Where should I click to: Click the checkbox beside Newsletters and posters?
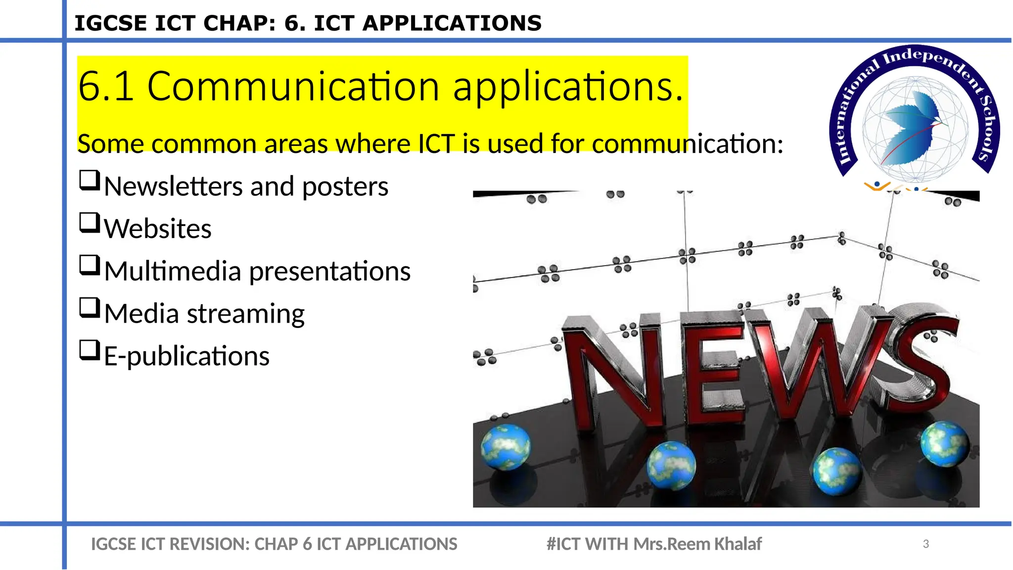(90, 181)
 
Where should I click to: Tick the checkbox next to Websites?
(90, 223)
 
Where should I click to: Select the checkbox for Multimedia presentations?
(90, 266)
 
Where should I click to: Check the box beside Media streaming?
(90, 308)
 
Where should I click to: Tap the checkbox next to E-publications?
(90, 350)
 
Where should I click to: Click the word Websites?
(158, 229)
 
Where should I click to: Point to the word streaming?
(245, 314)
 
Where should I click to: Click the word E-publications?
(186, 356)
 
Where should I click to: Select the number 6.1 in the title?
(106, 87)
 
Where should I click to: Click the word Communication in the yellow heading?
(293, 87)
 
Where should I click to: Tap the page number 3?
(926, 544)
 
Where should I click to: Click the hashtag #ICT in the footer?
(563, 544)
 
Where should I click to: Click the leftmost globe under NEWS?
(506, 447)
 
